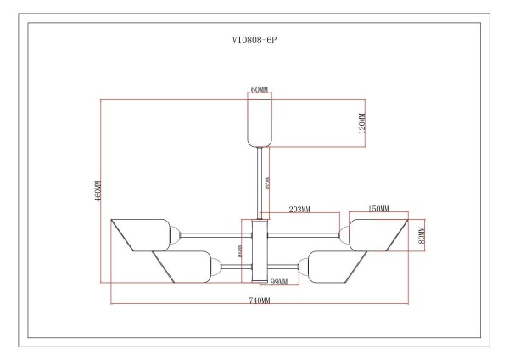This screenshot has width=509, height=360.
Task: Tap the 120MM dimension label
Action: tap(362, 124)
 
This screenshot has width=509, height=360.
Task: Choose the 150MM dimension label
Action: tap(379, 208)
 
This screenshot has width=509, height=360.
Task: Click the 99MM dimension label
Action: tap(280, 280)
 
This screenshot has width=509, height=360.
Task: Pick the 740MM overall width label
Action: tap(260, 301)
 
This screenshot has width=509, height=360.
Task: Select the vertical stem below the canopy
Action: tap(259, 183)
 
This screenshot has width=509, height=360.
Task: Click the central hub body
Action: tap(260, 250)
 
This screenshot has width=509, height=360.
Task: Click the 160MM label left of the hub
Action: tap(240, 252)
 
